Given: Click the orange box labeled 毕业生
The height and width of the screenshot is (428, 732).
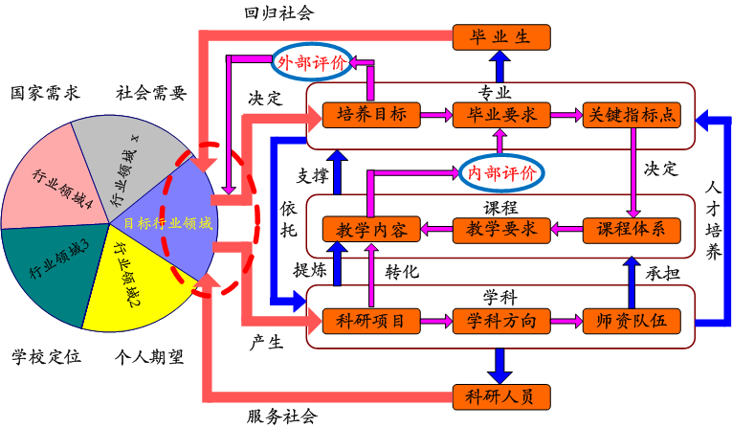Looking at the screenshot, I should (501, 38).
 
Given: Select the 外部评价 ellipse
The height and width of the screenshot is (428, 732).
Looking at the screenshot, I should (313, 62).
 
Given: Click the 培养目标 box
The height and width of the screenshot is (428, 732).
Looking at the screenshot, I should (372, 116).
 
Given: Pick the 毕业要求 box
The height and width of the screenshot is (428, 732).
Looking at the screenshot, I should (501, 116).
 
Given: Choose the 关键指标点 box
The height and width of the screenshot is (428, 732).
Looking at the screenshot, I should (631, 116).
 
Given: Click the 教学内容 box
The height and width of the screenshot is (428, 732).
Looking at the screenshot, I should (372, 230).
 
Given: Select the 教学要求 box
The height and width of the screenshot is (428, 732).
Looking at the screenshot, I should (501, 230).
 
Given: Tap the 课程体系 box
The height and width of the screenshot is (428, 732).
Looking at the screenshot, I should (631, 230).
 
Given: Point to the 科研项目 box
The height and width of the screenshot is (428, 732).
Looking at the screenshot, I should (372, 320).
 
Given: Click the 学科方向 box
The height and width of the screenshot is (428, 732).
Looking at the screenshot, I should (501, 320).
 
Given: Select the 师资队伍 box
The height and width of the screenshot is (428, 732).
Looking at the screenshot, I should (631, 320).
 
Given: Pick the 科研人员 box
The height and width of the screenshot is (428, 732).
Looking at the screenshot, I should (501, 394).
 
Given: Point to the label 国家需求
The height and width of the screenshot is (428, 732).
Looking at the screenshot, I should (45, 93).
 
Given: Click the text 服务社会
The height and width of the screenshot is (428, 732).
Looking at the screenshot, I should (281, 416).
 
